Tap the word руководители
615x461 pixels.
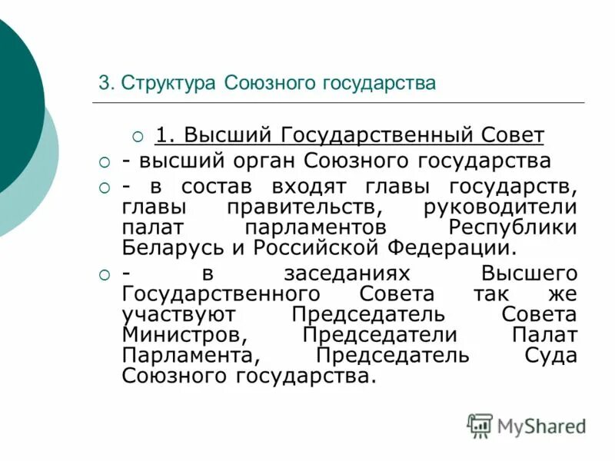pos(500,207)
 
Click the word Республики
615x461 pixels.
pos(512,228)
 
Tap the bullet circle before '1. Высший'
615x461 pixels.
pos(138,137)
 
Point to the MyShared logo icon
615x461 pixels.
pos(480,425)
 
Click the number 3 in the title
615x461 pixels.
pos(103,83)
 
